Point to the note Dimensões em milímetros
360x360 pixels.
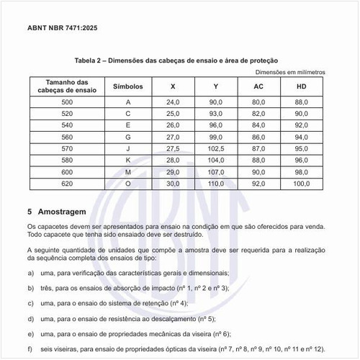pos(291,72)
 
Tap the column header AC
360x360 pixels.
pos(258,86)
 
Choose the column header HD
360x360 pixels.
pos(302,86)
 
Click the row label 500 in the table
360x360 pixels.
pos(67,103)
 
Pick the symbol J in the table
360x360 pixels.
pos(128,148)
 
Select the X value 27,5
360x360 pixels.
pos(172,148)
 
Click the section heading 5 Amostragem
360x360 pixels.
pos(57,213)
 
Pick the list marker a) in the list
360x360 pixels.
pos(31,273)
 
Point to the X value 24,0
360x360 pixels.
pos(172,103)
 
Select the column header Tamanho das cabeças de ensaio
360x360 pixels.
pos(67,86)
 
